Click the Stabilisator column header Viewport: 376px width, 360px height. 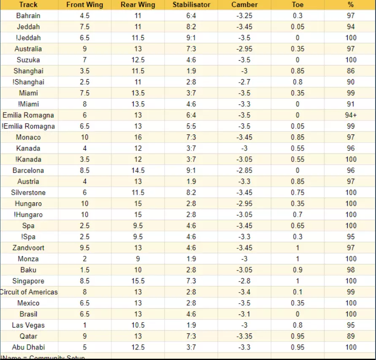(x=191, y=5)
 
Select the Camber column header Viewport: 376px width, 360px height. (x=244, y=5)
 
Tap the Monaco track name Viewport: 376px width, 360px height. (x=28, y=137)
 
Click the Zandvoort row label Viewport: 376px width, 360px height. (x=28, y=247)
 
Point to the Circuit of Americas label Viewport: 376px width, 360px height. (x=29, y=292)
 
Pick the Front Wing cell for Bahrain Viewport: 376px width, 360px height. (x=84, y=16)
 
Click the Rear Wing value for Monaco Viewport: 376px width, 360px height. (x=138, y=137)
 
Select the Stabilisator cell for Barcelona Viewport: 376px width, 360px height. (x=191, y=170)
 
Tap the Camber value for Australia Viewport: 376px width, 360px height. (x=244, y=48)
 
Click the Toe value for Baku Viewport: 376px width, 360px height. (x=298, y=270)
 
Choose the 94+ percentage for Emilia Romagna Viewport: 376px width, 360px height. (x=351, y=115)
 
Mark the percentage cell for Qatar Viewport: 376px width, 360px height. (x=351, y=336)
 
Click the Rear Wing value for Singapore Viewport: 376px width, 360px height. (x=138, y=281)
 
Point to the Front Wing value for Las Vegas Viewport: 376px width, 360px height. (x=84, y=325)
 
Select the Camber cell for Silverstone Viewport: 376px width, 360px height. (x=244, y=192)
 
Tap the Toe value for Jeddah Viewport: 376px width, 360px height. (x=298, y=27)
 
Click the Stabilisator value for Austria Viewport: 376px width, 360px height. (x=191, y=181)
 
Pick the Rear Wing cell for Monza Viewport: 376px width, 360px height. (x=138, y=258)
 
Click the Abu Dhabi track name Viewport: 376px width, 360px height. (x=28, y=347)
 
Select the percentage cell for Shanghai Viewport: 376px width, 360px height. (x=351, y=71)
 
